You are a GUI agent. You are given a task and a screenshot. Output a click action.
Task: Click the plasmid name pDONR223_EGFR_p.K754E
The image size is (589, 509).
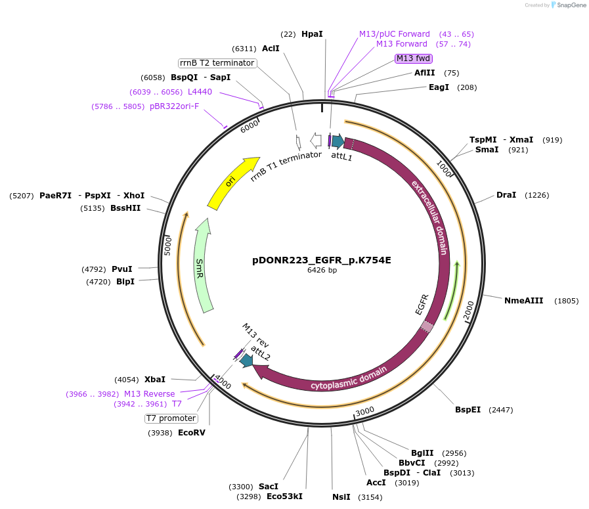tap(321, 259)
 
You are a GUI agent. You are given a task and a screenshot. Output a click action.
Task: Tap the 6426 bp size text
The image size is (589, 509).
tap(322, 270)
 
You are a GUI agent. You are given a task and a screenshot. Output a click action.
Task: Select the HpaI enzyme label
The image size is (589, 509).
tap(312, 33)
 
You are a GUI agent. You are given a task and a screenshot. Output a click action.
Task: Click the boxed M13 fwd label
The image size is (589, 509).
tap(413, 58)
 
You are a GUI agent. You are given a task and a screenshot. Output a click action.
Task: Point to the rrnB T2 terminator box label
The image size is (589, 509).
tap(217, 63)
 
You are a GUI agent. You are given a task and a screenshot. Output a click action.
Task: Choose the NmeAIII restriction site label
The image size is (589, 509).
tap(523, 301)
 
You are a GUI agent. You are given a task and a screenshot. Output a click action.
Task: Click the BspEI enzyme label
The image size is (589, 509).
tap(468, 410)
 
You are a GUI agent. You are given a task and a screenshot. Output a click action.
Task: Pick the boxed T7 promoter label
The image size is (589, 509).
tap(171, 418)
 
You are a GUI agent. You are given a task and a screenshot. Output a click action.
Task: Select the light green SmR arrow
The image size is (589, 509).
tap(203, 265)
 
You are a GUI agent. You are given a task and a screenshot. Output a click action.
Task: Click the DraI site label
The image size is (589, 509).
tap(506, 195)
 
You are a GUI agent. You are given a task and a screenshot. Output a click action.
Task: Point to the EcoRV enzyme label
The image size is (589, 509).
tap(191, 432)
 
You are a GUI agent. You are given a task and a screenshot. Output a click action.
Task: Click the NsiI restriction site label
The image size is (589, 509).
tap(341, 497)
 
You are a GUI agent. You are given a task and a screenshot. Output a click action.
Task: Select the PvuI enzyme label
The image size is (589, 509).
tap(121, 269)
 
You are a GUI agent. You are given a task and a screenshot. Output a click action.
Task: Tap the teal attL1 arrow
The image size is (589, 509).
tap(338, 141)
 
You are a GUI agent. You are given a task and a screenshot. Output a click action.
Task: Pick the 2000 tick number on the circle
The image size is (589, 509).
tap(469, 311)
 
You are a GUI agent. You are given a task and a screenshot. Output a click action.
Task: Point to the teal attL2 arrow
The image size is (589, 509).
tap(246, 360)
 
